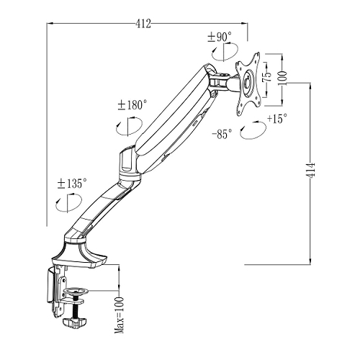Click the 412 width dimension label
[x=143, y=24]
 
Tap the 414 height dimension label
[x=311, y=171]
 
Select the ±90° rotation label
[x=220, y=37]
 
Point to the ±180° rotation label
[x=132, y=105]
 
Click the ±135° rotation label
[x=72, y=184]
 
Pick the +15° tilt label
[x=277, y=118]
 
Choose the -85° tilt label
[x=222, y=134]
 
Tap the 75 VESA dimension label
[x=267, y=76]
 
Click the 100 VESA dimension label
[x=282, y=78]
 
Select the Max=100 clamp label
[x=120, y=315]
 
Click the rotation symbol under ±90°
[x=225, y=51]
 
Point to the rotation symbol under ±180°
[x=129, y=126]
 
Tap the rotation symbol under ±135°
[x=68, y=203]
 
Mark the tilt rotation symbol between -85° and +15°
[x=253, y=130]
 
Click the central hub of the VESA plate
[x=248, y=82]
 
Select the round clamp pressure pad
[x=76, y=291]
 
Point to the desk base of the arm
[x=79, y=254]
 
